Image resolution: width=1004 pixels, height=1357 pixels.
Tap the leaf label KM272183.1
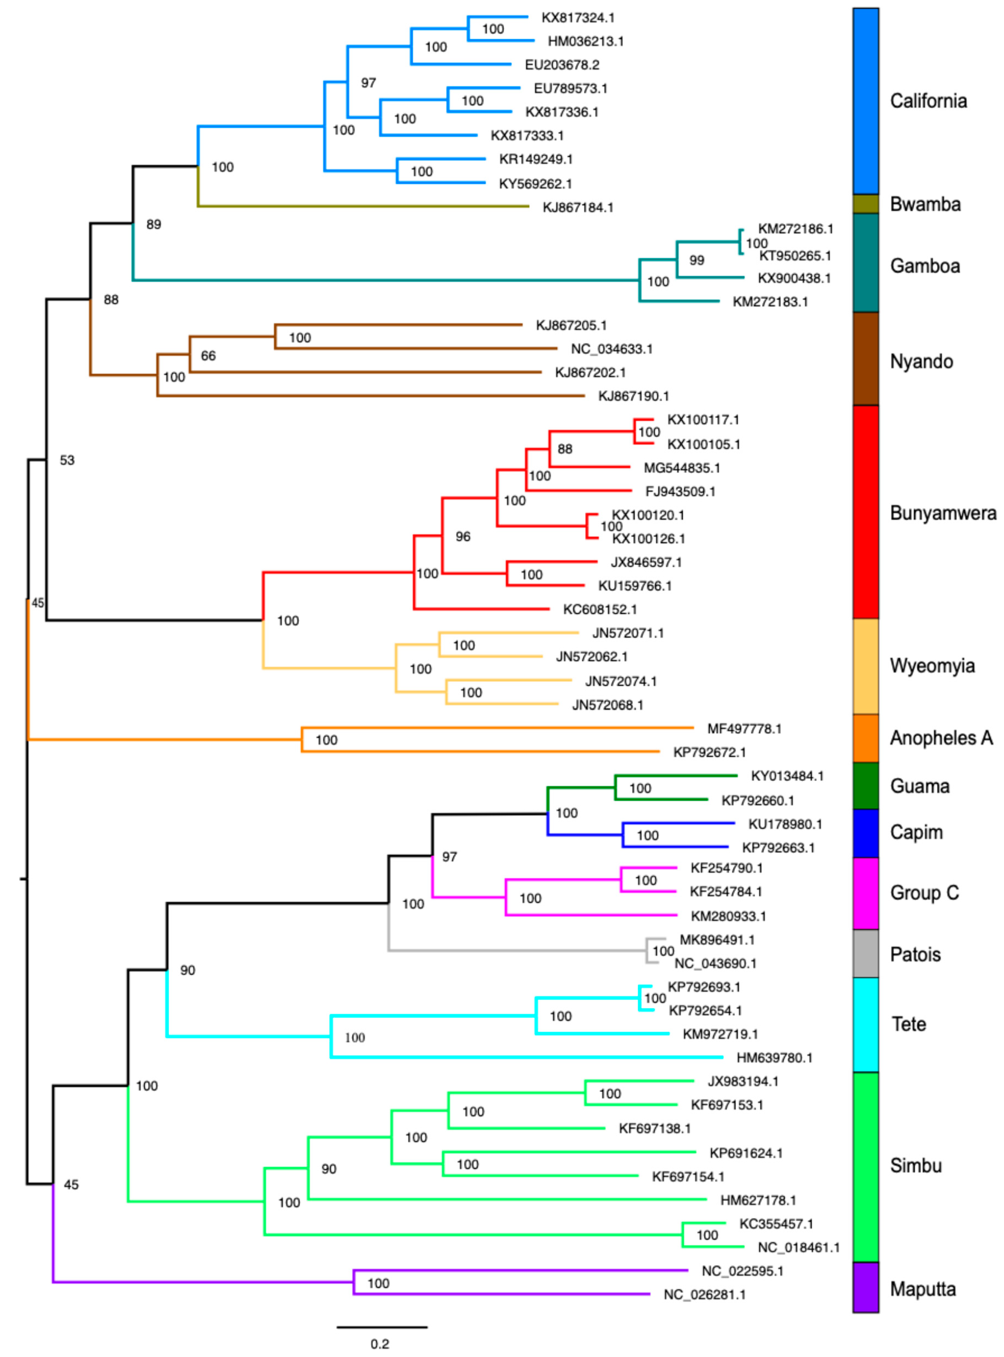(x=770, y=301)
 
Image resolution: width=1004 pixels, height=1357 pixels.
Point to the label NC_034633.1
(x=611, y=349)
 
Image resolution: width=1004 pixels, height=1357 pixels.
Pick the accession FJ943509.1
(x=680, y=491)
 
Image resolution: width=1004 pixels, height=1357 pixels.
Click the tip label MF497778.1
(x=744, y=728)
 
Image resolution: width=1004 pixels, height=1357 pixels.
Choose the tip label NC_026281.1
(x=704, y=1294)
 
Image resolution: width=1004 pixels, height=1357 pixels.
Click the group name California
(x=928, y=101)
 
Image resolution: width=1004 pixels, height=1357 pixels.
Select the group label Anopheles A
(x=941, y=738)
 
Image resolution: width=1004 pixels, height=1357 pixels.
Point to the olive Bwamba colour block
(x=865, y=204)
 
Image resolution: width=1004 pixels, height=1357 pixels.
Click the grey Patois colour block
(x=865, y=953)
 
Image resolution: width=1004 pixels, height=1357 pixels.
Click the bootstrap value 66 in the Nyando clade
(x=208, y=356)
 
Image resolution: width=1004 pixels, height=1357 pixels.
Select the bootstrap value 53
(x=67, y=460)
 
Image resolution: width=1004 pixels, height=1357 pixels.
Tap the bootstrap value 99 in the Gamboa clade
(x=697, y=260)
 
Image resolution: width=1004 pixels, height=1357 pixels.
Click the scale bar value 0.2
(x=380, y=1344)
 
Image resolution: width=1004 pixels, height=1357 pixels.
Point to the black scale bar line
(x=382, y=1327)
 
